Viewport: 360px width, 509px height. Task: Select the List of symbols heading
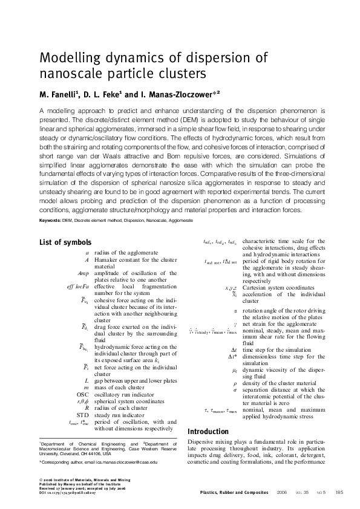click(x=65, y=242)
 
